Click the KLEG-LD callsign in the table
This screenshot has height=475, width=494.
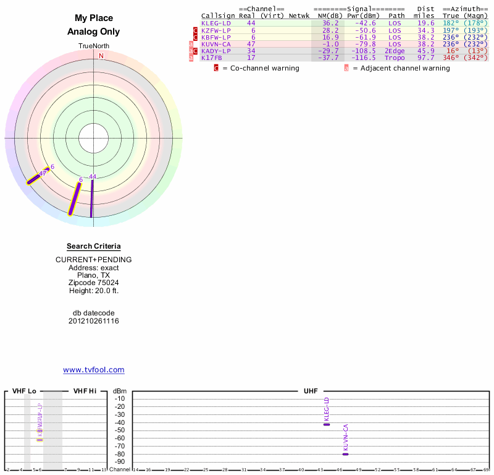(216, 23)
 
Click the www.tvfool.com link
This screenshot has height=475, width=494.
(94, 370)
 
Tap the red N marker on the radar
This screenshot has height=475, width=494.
(101, 56)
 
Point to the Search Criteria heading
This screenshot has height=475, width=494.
(94, 246)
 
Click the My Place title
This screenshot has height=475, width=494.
(94, 19)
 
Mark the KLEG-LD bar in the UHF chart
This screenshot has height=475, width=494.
(327, 424)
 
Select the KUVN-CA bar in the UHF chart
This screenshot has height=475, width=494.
(345, 454)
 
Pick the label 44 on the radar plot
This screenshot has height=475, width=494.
(93, 176)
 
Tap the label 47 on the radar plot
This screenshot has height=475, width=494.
(43, 174)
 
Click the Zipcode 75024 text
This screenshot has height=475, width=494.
(94, 283)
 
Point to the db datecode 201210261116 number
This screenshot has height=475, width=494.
(94, 321)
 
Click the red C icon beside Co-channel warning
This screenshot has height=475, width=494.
(216, 68)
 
